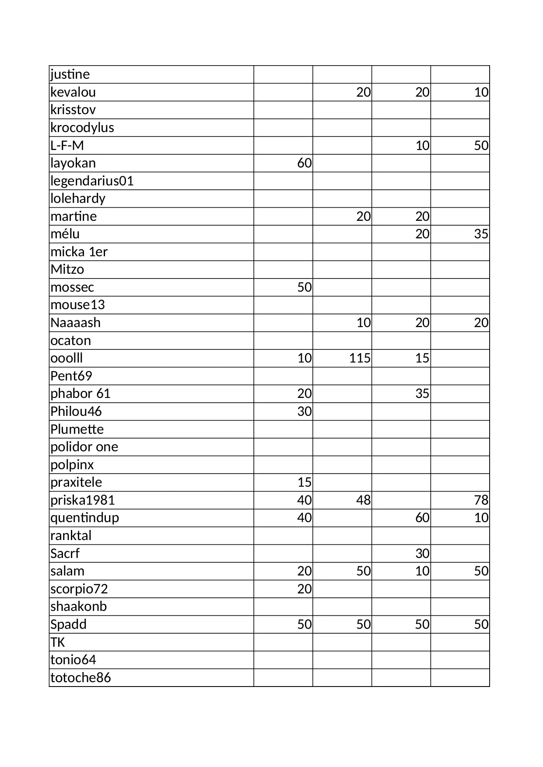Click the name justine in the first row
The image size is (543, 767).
70,74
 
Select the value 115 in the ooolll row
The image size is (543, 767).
360,358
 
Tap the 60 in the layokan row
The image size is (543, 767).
305,163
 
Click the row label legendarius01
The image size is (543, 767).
92,181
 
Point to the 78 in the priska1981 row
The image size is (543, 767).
481,500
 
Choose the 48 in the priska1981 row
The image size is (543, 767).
363,500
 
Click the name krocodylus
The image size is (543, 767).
82,128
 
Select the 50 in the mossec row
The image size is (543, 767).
305,287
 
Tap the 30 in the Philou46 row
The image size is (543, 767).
305,411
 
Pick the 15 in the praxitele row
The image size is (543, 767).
305,482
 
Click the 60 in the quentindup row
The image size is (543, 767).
422,518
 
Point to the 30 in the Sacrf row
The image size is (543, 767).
422,553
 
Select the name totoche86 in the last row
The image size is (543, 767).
81,677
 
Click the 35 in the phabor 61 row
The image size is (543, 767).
422,394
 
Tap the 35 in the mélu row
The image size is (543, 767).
481,234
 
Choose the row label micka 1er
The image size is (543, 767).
79,252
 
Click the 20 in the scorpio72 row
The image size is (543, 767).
305,589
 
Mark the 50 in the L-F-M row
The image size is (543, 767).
481,145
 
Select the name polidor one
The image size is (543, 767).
84,447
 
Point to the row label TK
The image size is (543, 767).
58,642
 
